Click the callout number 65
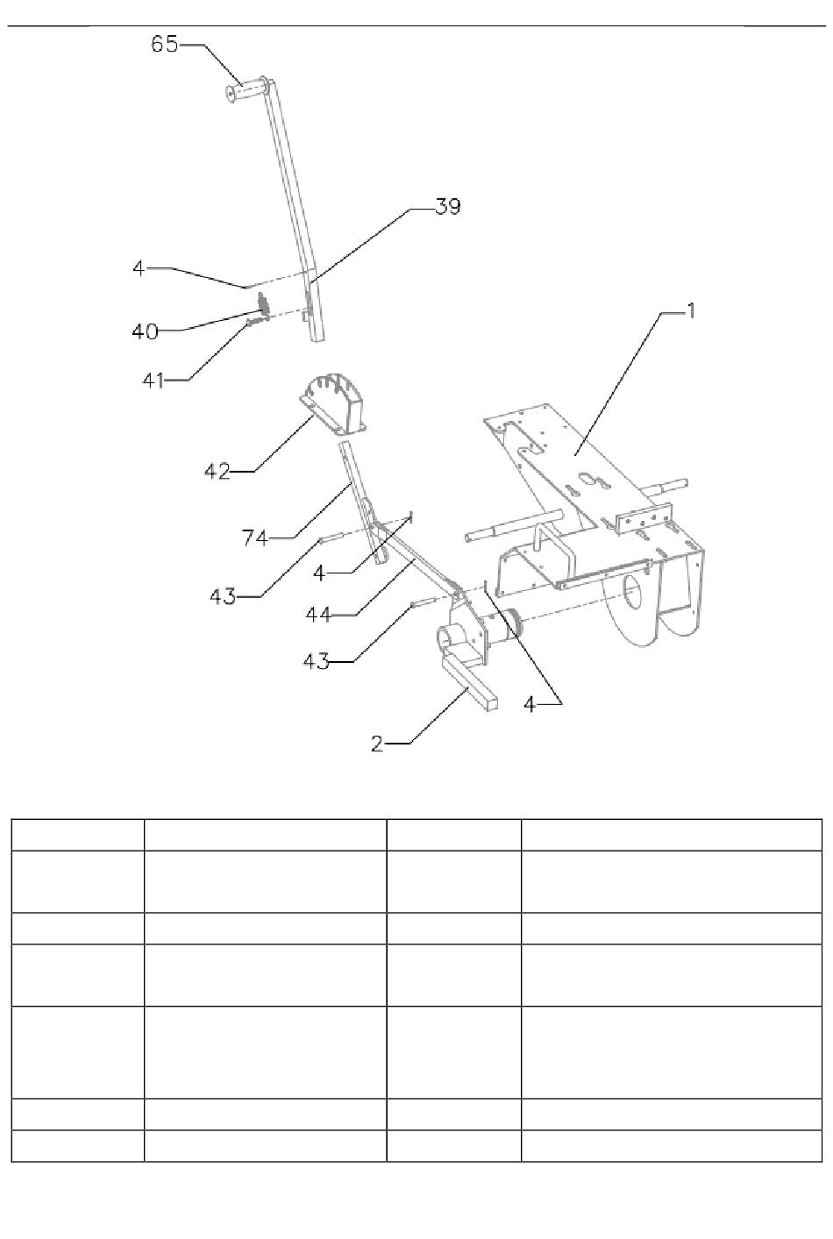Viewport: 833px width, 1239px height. (164, 44)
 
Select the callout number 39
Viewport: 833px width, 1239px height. (448, 208)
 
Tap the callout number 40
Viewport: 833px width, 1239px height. (145, 331)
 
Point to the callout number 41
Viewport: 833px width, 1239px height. (153, 381)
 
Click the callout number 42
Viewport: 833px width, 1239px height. (217, 472)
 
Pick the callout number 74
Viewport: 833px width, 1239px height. (255, 538)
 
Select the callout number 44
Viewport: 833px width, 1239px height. (318, 615)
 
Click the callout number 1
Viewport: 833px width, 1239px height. (690, 310)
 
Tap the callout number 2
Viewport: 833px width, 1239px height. (377, 744)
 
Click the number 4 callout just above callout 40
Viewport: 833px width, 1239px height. (139, 267)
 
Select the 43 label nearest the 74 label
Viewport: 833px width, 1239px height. (223, 596)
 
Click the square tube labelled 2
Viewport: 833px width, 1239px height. (469, 684)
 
